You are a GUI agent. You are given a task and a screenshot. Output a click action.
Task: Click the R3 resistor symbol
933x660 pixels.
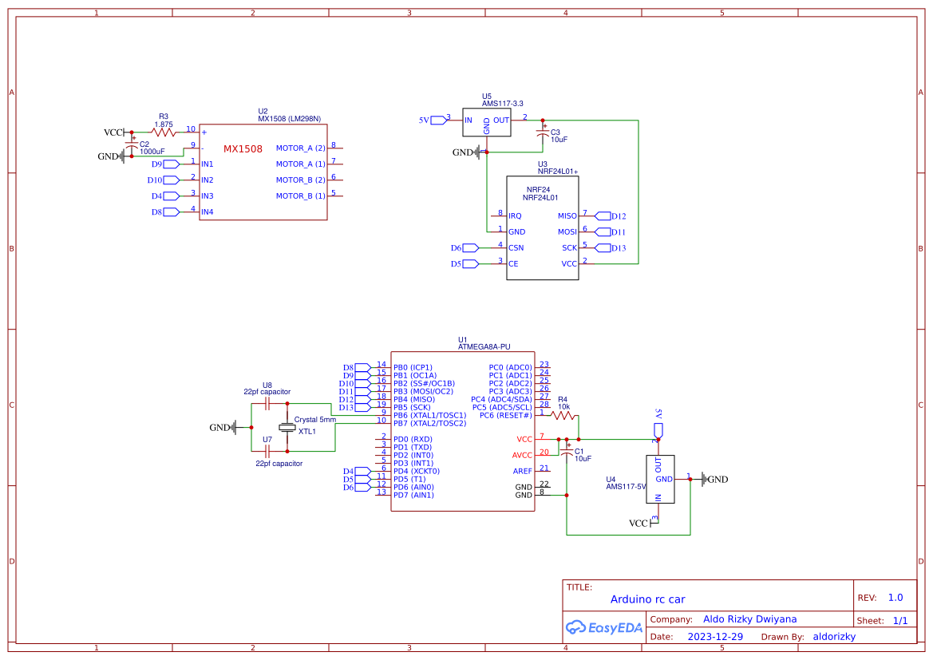point(164,132)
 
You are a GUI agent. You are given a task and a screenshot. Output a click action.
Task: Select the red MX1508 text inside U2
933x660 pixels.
point(243,148)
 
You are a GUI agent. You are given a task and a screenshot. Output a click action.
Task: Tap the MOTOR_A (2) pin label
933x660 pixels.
point(300,148)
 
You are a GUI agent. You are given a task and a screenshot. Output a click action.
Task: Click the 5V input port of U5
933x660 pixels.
point(439,121)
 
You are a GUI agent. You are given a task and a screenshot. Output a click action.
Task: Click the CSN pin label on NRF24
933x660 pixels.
point(516,248)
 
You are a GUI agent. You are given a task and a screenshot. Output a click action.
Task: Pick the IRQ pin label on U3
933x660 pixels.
point(515,216)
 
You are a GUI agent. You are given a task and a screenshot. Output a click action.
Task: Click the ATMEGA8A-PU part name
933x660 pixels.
point(484,347)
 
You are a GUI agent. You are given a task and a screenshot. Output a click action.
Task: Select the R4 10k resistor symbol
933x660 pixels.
point(564,416)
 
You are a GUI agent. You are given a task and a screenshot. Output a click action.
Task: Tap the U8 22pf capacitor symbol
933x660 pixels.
point(268,404)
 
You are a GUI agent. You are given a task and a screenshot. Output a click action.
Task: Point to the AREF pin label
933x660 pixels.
point(523,472)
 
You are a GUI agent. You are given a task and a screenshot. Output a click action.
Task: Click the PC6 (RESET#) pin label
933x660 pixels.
point(506,416)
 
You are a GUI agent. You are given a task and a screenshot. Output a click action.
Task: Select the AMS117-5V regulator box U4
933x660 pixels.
point(659,479)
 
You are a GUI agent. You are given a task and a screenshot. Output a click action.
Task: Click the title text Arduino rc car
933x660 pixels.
point(647,599)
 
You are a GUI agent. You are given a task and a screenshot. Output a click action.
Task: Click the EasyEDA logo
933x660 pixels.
point(603,628)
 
